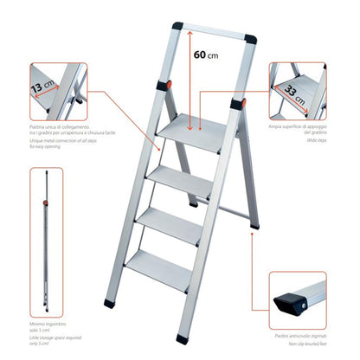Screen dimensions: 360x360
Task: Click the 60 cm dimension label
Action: [x=205, y=55]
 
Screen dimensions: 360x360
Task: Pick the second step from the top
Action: [x=183, y=176]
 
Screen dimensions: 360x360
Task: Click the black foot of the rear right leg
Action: [x=253, y=228]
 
